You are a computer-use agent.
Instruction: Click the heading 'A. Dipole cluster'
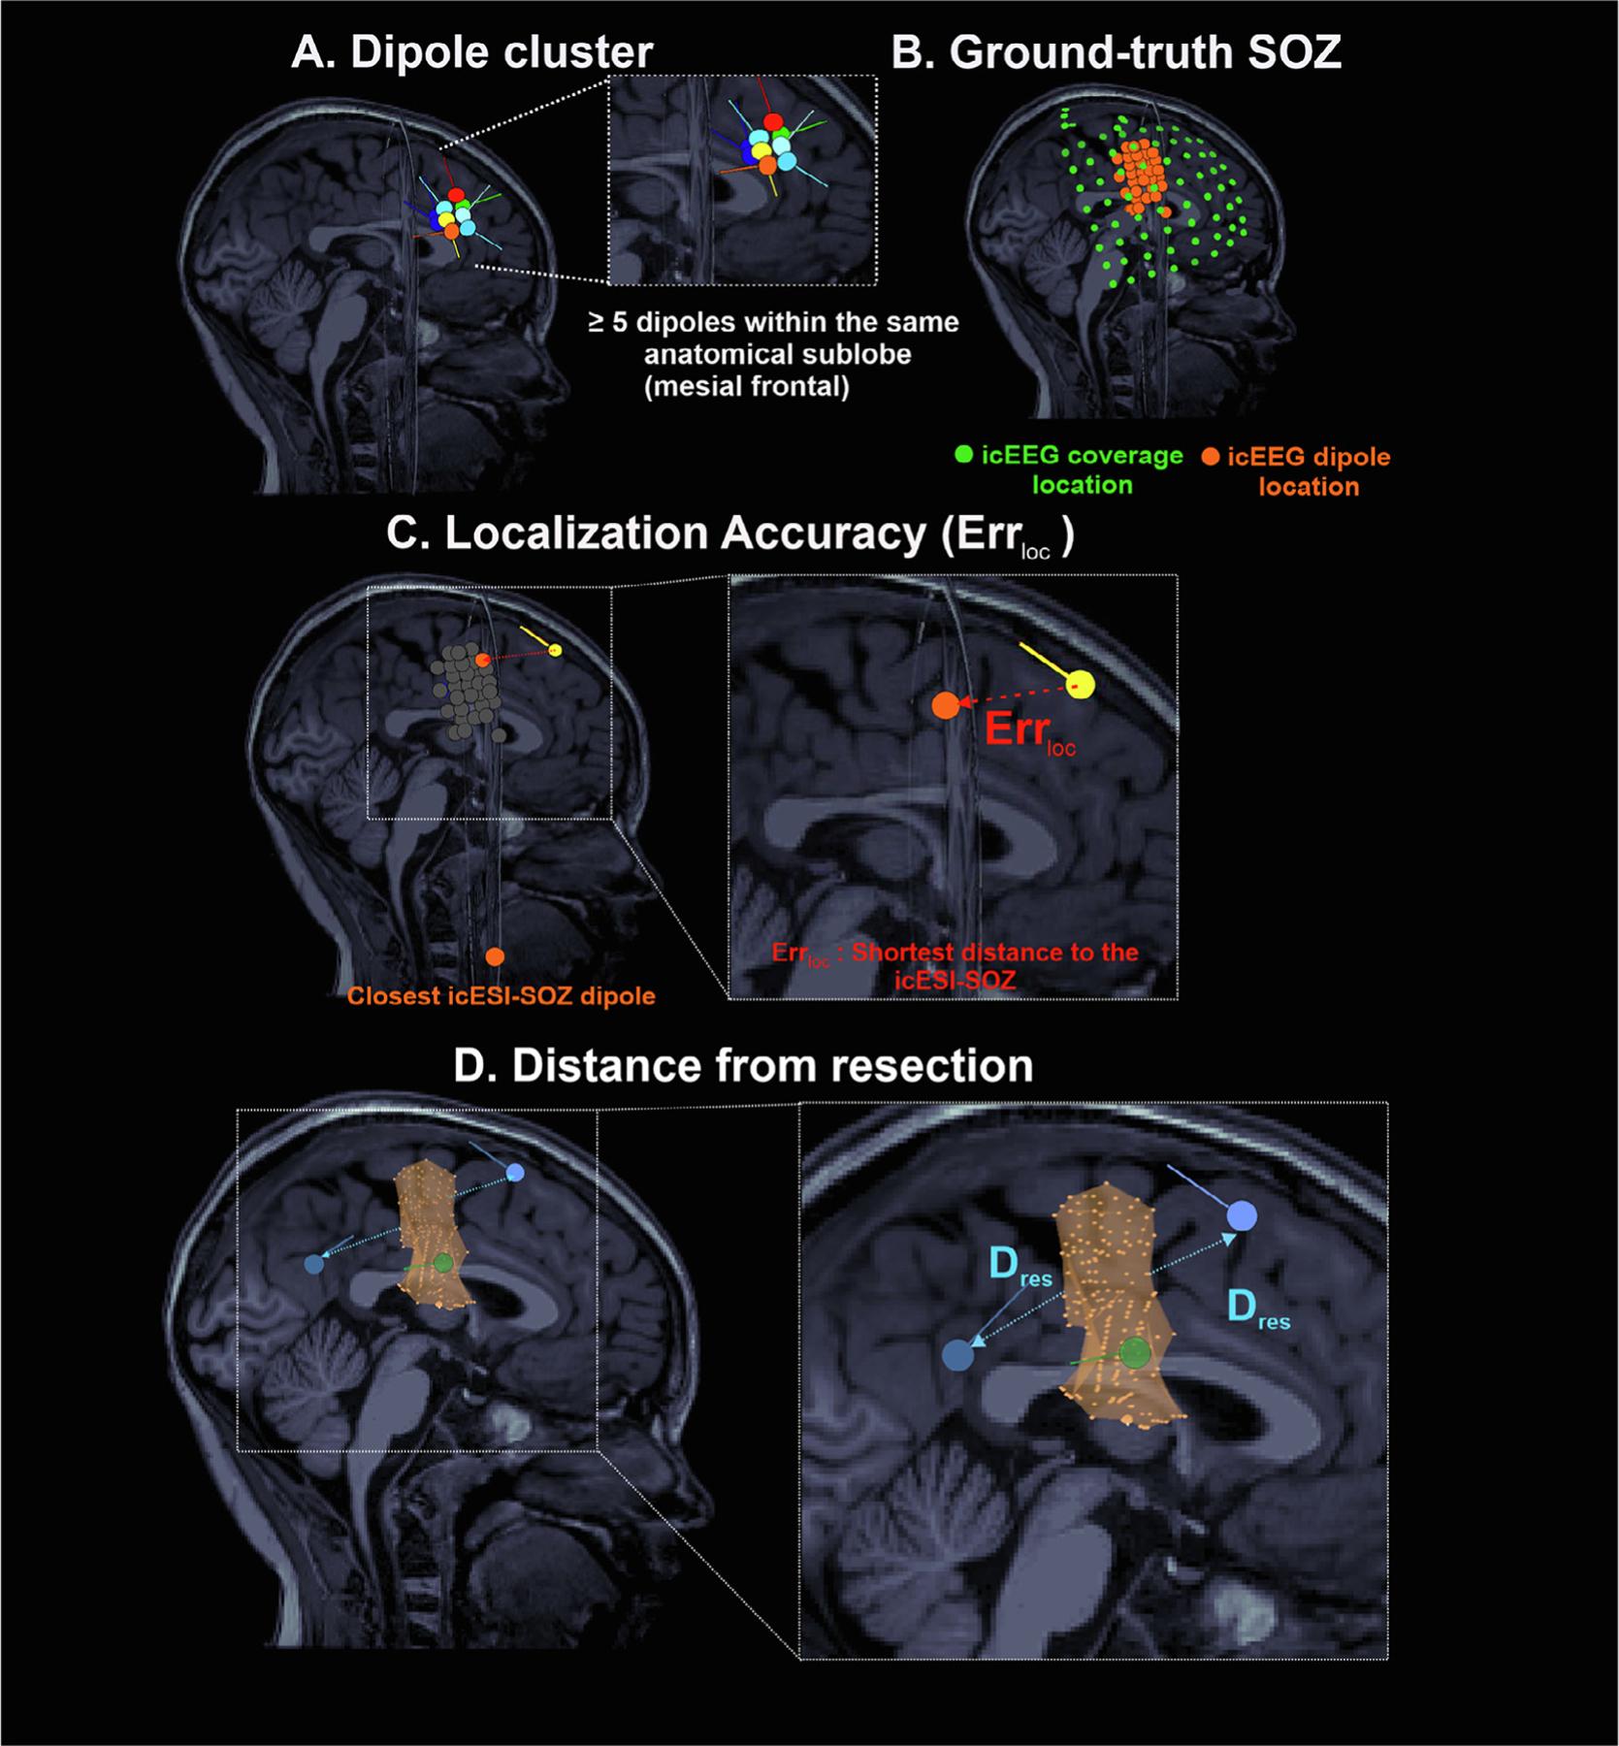(x=471, y=52)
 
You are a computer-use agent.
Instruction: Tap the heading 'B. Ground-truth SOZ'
(x=1116, y=52)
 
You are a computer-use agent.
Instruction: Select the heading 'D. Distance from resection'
(x=743, y=1065)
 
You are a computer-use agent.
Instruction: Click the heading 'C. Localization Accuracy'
(x=729, y=534)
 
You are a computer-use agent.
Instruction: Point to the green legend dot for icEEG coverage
(x=963, y=453)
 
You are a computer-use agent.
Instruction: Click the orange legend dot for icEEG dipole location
(x=1210, y=456)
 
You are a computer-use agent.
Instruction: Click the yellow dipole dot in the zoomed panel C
(x=1081, y=685)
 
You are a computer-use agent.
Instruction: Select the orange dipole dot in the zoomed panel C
(x=946, y=706)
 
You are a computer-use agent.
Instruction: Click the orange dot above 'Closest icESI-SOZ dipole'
(x=495, y=956)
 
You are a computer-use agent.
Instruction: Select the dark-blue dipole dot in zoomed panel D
(x=958, y=1355)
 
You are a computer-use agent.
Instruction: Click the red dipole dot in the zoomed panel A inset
(x=773, y=122)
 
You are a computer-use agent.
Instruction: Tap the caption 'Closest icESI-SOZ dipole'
(x=501, y=996)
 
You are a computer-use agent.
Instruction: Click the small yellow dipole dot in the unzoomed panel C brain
(x=555, y=650)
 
